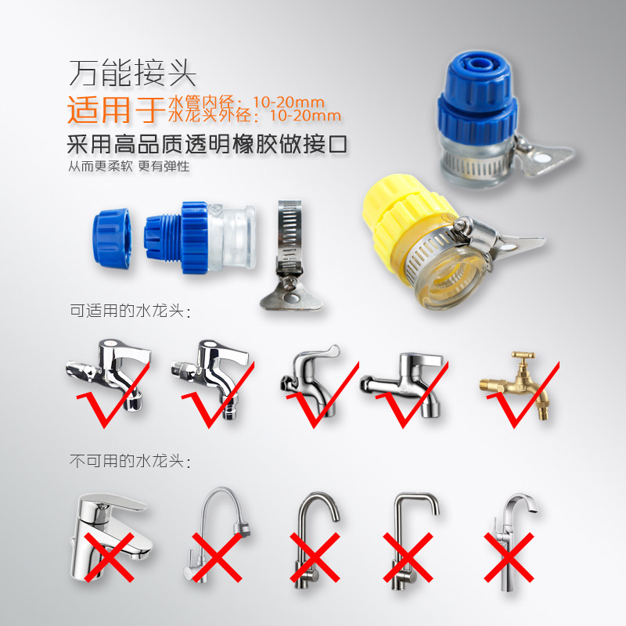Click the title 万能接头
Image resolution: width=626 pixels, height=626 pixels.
point(132,73)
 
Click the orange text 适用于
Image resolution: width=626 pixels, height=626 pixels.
point(116,110)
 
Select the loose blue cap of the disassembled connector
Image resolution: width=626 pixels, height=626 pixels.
point(111,238)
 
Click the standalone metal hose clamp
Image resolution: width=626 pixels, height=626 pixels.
point(290,256)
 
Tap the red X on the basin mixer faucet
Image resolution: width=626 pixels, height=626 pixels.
point(109,557)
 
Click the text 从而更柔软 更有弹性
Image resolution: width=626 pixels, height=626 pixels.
point(128,166)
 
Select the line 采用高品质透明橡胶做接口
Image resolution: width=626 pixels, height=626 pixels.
point(207,144)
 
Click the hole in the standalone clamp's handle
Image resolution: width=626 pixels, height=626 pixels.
point(295,298)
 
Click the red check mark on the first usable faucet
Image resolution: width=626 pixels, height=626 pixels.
point(113,395)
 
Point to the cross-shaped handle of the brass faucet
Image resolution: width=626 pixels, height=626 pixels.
point(523,355)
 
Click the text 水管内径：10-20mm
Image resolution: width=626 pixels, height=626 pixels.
point(246,103)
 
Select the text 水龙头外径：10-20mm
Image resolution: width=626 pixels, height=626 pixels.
point(255,115)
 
